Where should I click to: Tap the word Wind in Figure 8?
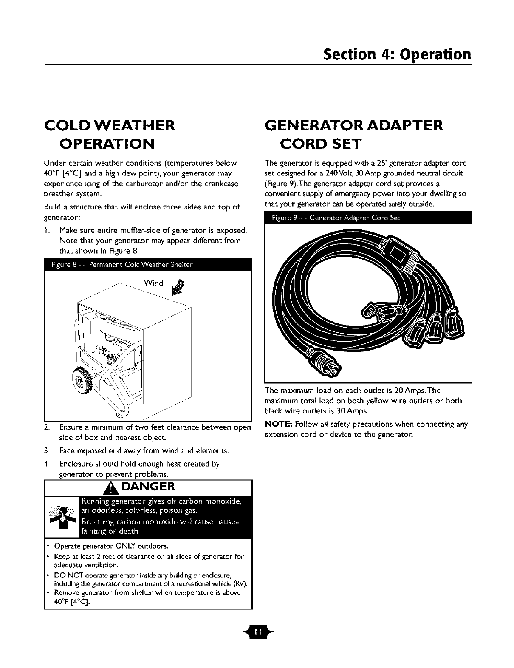[154, 283]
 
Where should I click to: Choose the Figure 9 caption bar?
[368, 219]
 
